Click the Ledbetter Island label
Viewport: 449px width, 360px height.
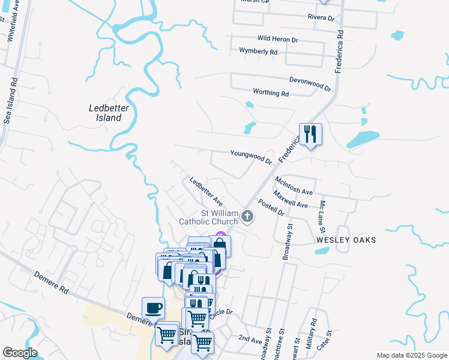[105, 112]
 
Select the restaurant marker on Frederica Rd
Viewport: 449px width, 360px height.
[310, 133]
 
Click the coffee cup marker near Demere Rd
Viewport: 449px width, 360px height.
[154, 308]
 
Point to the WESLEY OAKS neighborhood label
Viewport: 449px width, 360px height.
[346, 240]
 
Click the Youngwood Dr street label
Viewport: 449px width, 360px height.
[251, 157]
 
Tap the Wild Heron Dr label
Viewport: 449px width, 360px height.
[278, 40]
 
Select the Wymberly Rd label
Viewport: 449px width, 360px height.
[258, 52]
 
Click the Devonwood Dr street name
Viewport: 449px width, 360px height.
[310, 83]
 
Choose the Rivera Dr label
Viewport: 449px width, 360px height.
[321, 18]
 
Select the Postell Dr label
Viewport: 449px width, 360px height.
[271, 207]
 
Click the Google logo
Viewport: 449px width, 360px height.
[20, 353]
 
